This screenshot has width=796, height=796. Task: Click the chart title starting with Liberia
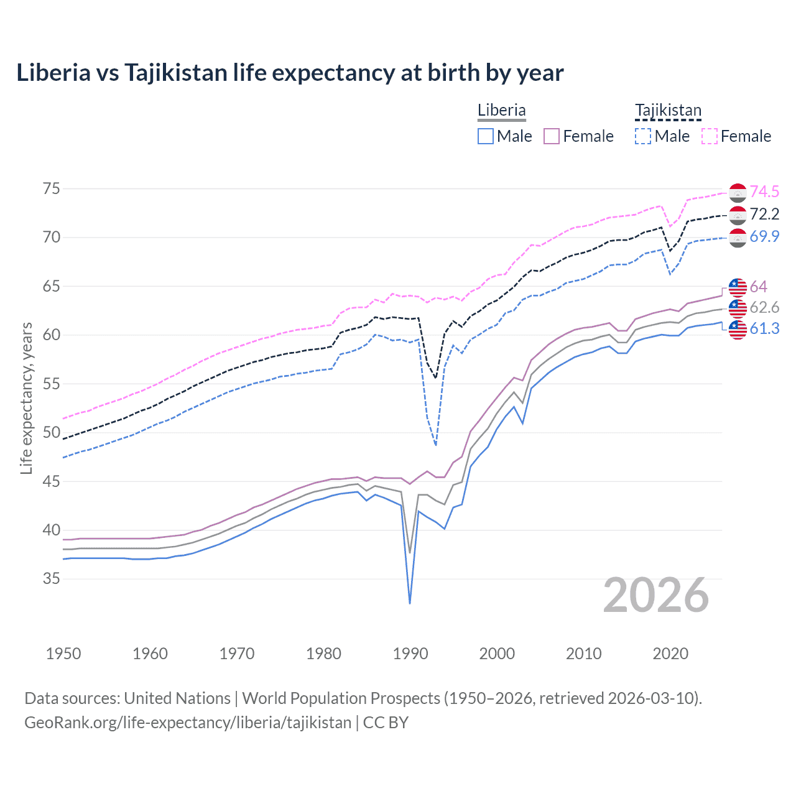290,73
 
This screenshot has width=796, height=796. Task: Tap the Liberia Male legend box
486,136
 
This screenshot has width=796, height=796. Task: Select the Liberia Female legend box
552,136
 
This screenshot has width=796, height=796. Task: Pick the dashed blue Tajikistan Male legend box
643,136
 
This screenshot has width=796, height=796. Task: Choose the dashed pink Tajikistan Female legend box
710,136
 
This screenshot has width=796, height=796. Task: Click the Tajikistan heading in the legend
668,111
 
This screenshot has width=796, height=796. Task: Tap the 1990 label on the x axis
410,654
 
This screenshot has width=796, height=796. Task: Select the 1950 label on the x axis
63,654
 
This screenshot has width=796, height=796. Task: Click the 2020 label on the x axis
670,654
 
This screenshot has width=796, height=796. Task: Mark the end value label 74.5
764,192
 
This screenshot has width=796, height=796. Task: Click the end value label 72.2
764,215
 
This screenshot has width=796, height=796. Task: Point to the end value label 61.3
764,328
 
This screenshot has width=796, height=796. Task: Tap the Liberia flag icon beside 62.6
738,308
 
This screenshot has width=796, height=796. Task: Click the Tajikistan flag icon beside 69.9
738,238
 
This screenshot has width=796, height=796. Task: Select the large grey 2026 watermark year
656,596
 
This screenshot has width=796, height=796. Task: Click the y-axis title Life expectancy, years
26,398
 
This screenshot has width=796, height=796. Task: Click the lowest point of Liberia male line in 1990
410,603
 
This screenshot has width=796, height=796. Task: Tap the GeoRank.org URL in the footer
188,723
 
